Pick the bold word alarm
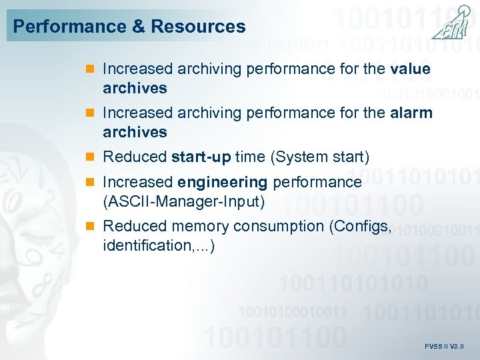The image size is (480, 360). point(411,113)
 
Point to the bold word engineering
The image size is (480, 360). point(223,182)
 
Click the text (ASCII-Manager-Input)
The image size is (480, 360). point(184,201)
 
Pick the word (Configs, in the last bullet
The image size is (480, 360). point(360,227)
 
